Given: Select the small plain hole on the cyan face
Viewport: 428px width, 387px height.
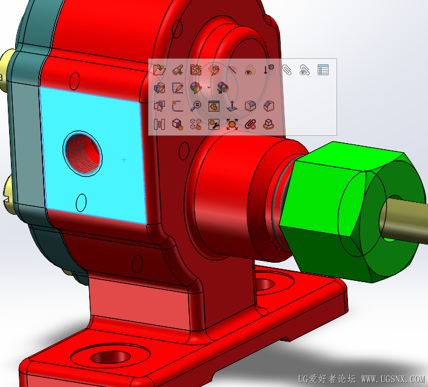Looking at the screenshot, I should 81,202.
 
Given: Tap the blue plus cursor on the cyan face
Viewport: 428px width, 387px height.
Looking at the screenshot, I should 124,160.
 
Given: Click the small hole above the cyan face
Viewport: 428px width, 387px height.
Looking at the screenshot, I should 76,80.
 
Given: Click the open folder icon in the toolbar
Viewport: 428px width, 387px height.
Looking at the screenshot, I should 160,70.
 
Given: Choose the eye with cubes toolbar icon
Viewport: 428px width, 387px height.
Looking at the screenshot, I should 249,70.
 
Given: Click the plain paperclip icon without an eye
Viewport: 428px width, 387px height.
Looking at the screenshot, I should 287,70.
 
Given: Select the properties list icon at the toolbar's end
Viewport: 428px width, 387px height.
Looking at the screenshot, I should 323,70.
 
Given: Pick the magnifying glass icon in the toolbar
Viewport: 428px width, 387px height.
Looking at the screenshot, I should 196,106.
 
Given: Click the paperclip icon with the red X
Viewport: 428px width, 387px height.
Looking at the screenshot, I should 250,124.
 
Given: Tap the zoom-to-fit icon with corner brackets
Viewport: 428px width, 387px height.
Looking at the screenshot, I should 232,124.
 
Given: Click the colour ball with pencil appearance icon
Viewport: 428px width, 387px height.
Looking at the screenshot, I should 196,88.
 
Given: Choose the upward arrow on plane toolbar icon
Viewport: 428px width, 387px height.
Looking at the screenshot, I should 232,106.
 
